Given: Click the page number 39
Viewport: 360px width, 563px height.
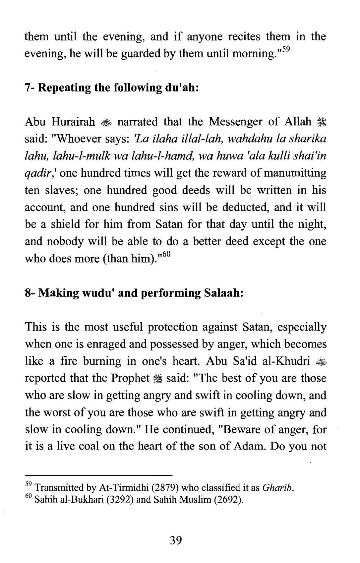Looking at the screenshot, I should (176, 541).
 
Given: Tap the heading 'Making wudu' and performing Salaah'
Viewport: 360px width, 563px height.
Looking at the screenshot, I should (134, 293).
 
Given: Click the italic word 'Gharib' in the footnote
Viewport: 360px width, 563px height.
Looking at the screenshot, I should (278, 488).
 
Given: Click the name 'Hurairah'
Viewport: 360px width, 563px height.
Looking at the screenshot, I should (73, 122).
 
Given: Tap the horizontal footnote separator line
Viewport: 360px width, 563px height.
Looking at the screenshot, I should (99, 475).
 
